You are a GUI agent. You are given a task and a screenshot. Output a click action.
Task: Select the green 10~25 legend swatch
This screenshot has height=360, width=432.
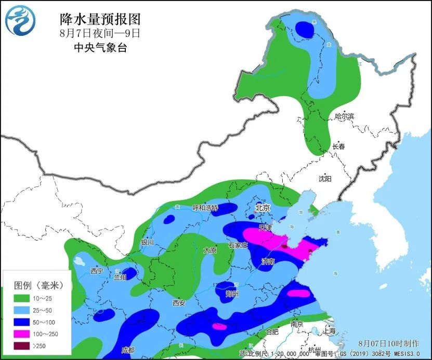click(x=22, y=299)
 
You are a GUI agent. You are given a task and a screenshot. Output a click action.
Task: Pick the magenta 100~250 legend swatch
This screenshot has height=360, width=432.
click(x=22, y=334)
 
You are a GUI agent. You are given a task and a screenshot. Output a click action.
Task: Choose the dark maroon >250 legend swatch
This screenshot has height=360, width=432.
click(x=22, y=346)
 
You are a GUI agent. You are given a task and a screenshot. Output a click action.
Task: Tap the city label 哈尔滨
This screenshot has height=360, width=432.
click(x=344, y=116)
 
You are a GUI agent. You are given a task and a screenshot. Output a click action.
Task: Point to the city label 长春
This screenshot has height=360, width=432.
click(x=338, y=147)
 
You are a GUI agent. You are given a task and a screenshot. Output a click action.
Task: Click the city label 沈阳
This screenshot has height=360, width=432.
click(x=325, y=178)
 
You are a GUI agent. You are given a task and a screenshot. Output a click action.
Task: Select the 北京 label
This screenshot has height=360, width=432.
click(x=263, y=208)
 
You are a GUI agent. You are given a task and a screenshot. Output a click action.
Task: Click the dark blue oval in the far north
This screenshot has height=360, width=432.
click(x=305, y=30)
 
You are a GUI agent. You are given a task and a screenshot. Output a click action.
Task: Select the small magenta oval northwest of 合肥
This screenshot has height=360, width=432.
click(x=219, y=326)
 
